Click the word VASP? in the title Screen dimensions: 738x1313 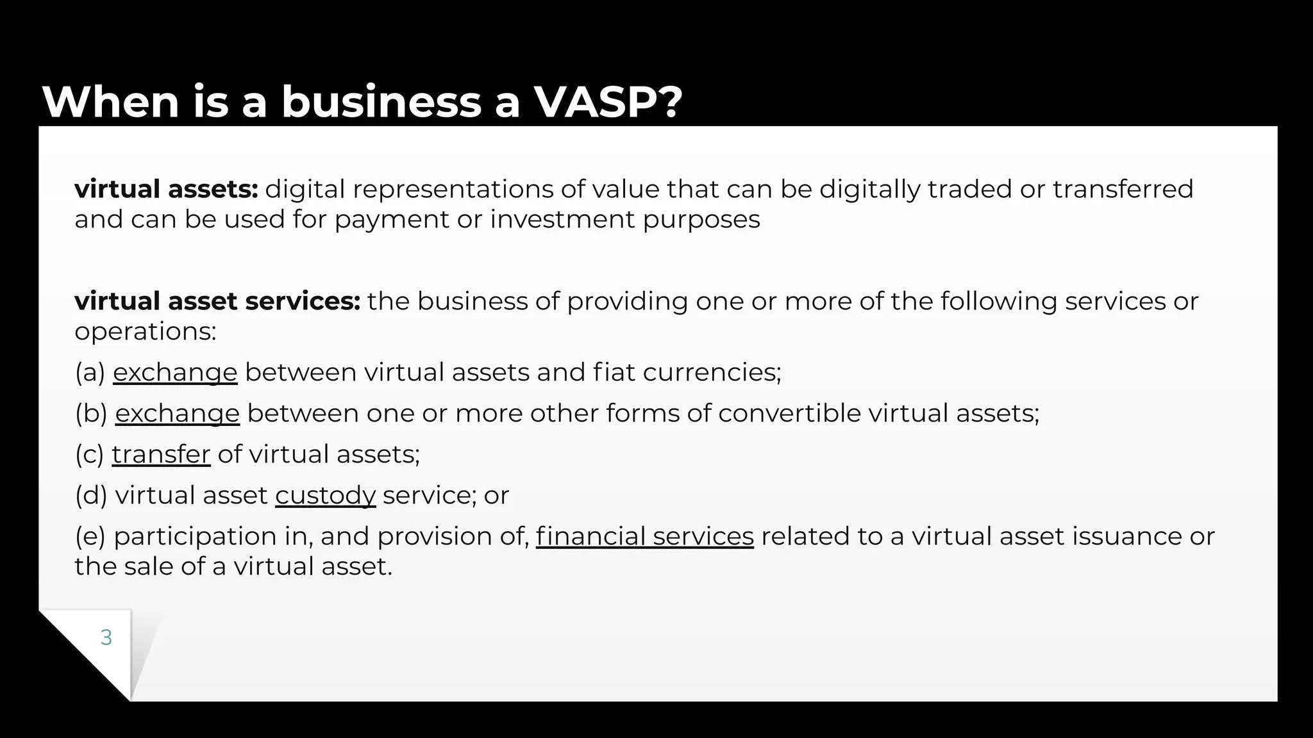608,102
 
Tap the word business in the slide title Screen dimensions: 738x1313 381,102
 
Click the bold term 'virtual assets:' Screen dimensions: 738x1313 166,189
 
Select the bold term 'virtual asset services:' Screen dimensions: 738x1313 217,301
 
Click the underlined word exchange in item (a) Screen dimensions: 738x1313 175,372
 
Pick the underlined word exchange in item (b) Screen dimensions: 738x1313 177,413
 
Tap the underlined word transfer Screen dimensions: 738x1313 161,454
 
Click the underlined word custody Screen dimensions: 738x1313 325,495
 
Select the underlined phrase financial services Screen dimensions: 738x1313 644,536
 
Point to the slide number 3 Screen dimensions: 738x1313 106,637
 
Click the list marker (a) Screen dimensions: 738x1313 90,372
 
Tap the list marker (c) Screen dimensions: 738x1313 89,454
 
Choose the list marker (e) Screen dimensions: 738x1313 90,536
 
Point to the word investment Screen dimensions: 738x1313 562,220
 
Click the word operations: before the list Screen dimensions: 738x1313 146,331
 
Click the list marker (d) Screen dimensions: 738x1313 91,495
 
